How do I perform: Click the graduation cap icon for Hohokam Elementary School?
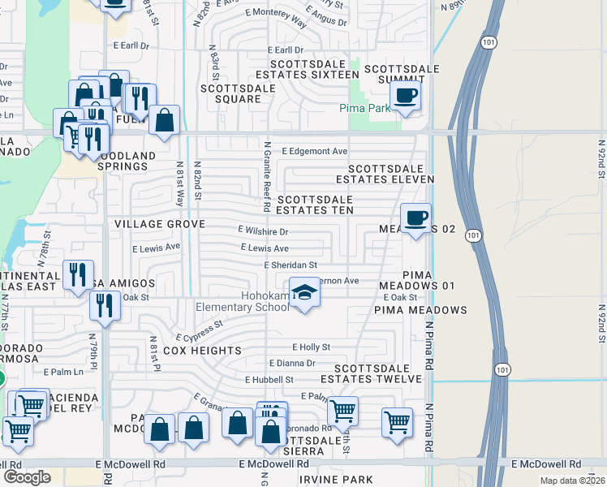coord(304,291)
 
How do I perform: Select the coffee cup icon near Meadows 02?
coord(415,218)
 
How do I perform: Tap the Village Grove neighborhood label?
coord(159,223)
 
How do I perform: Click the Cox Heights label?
coord(202,351)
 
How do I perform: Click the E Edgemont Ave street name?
coord(314,152)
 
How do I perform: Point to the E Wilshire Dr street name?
coord(262,231)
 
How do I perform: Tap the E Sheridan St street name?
coord(290,265)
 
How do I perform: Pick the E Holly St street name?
coord(311,347)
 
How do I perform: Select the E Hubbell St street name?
coord(269,379)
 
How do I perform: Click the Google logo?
coord(27,477)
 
